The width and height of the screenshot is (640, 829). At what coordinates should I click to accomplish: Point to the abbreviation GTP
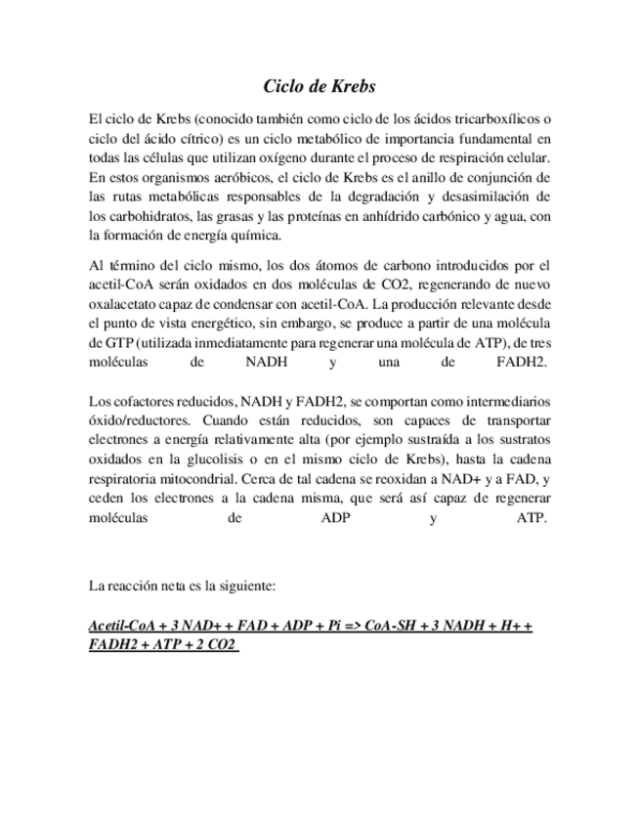click(x=124, y=343)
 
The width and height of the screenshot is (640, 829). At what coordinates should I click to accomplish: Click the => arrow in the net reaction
click(x=351, y=626)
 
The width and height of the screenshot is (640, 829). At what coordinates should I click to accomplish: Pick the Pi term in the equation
click(x=325, y=626)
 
